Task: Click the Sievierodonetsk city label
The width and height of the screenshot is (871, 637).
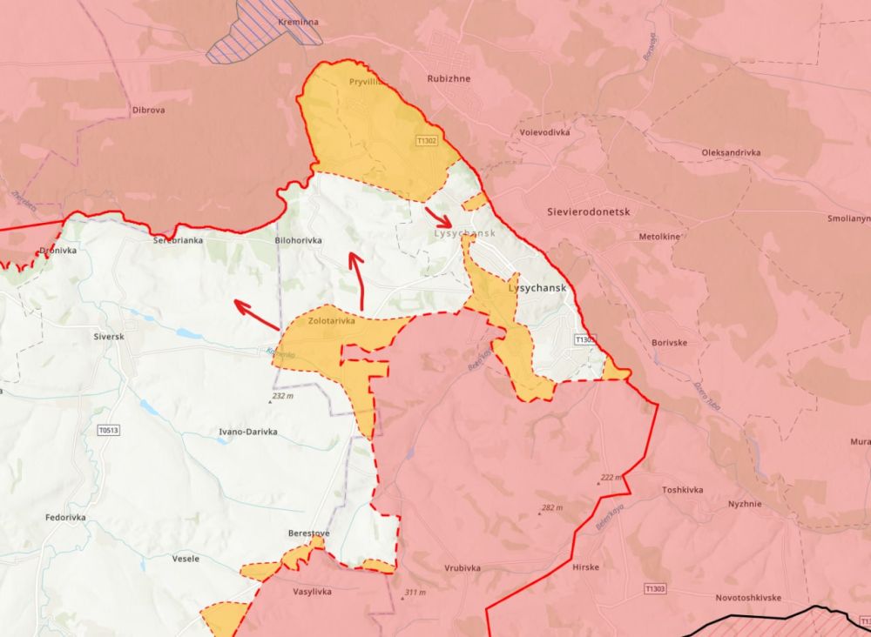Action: click(x=588, y=211)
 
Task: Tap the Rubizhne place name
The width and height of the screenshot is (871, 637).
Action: click(x=449, y=78)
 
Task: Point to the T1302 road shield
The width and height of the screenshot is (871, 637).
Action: click(x=427, y=139)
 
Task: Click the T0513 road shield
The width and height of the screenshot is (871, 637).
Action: click(x=110, y=429)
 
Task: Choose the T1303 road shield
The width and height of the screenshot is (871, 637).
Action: click(x=655, y=589)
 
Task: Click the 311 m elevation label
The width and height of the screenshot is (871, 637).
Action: click(x=414, y=593)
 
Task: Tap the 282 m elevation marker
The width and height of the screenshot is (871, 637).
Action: click(x=550, y=507)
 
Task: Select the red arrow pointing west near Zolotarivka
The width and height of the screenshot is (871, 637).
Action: click(x=256, y=316)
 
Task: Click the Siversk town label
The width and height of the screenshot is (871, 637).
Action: click(x=109, y=335)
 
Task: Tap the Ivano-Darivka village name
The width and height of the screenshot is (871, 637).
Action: click(x=248, y=432)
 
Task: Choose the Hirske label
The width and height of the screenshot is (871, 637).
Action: click(x=586, y=567)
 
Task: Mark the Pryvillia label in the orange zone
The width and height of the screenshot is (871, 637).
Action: click(x=367, y=81)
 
